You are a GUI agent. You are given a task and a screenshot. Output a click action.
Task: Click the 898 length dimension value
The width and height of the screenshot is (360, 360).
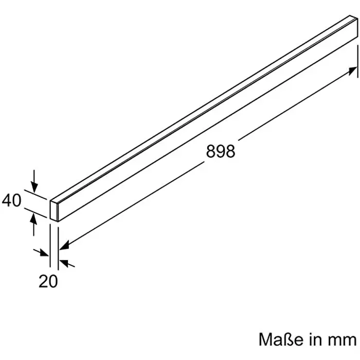pyautogui.click(x=220, y=151)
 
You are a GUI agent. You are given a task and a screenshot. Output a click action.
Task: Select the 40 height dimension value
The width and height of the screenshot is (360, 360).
pyautogui.click(x=12, y=200)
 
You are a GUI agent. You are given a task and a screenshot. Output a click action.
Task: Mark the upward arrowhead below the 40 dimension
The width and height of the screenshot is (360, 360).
pyautogui.click(x=34, y=218)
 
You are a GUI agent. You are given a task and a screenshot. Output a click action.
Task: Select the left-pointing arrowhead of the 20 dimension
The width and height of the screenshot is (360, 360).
pyautogui.click(x=63, y=263)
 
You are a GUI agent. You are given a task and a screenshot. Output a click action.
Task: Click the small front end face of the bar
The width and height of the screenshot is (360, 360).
pyautogui.click(x=54, y=211)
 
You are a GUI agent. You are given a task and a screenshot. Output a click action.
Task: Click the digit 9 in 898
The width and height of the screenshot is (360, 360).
pyautogui.click(x=220, y=151)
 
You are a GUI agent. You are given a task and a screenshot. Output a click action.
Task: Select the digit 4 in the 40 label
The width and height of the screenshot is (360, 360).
pyautogui.click(x=7, y=200)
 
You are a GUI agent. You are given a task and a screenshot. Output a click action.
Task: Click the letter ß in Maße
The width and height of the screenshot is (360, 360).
pyautogui.click(x=287, y=339)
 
